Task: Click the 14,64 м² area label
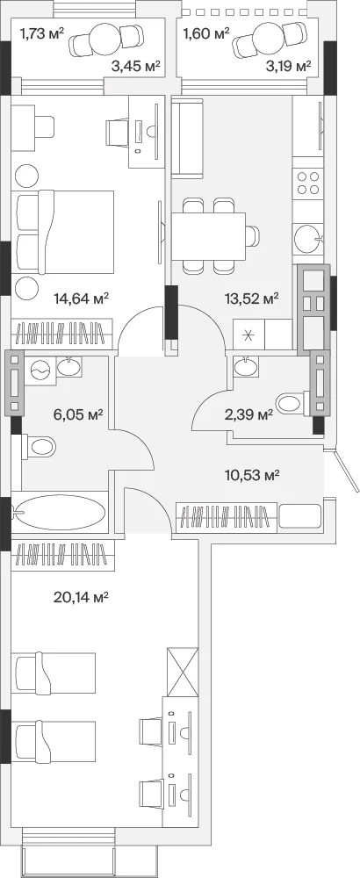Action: (81, 299)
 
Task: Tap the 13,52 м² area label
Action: (252, 299)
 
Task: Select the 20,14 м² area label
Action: (81, 597)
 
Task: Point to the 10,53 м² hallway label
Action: (253, 476)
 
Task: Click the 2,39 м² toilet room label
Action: (248, 414)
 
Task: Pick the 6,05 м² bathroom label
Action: (81, 414)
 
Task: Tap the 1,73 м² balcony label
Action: (42, 34)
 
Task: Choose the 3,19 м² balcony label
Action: (288, 68)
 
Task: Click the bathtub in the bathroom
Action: (60, 514)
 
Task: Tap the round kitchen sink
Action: (308, 239)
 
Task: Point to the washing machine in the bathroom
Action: (40, 370)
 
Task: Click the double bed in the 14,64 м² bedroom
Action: (65, 232)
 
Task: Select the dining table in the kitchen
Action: (208, 236)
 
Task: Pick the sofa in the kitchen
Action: (187, 138)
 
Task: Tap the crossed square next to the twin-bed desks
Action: (184, 672)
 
